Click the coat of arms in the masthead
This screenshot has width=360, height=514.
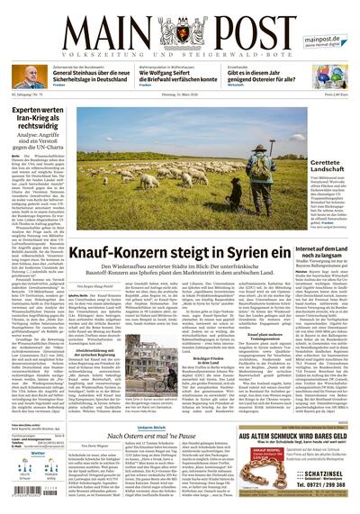pos(181,29)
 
